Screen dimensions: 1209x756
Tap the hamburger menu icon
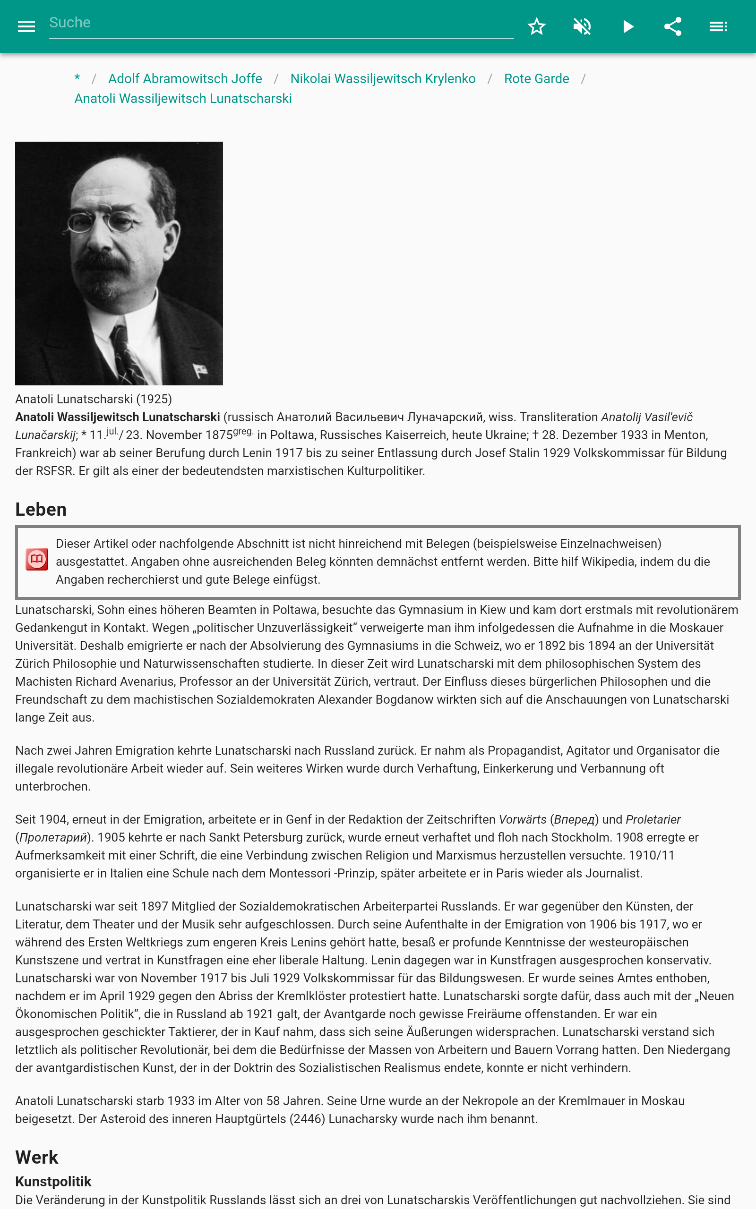26,26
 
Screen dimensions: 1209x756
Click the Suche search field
280,23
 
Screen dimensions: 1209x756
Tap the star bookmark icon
536,26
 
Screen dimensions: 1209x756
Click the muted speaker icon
582,26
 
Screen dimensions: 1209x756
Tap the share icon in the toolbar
672,26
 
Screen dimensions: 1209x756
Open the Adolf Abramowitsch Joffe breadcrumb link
185,78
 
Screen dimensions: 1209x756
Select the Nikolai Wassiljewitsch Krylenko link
383,78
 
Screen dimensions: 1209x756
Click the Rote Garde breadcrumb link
536,78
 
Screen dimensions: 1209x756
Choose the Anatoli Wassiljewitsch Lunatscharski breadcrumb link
183,98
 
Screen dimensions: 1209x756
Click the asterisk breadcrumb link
77,78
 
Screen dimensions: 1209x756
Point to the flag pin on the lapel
200,370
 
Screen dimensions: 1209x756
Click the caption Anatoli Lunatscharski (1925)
94,399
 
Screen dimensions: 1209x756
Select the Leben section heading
41,509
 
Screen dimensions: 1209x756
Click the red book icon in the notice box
37,560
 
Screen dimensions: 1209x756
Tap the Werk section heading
37,1157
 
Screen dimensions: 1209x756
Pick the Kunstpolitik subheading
53,1182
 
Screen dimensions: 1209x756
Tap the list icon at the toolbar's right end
718,26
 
